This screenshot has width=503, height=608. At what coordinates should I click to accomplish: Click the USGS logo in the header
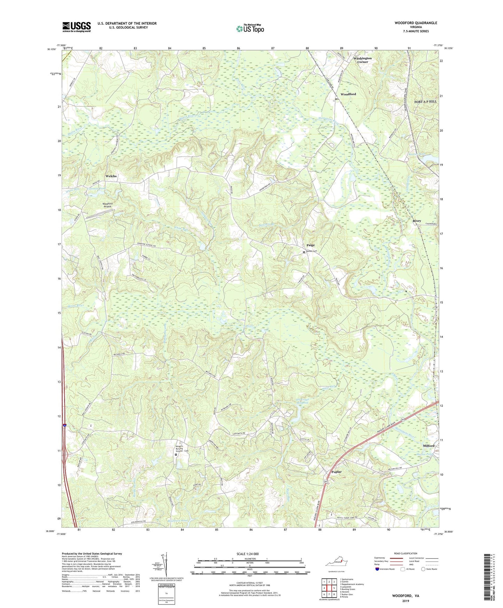[77, 26]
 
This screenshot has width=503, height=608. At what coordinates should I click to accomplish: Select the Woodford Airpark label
[107, 205]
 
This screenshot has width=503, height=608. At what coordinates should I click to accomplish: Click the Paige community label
[311, 245]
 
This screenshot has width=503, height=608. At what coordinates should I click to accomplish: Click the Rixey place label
[417, 221]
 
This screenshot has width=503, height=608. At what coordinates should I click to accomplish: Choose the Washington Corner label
[363, 60]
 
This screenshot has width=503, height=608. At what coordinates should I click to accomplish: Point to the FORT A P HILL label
[425, 101]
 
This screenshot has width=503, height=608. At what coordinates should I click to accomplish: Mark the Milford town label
[429, 446]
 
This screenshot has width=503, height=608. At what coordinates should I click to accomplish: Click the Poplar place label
[336, 472]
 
